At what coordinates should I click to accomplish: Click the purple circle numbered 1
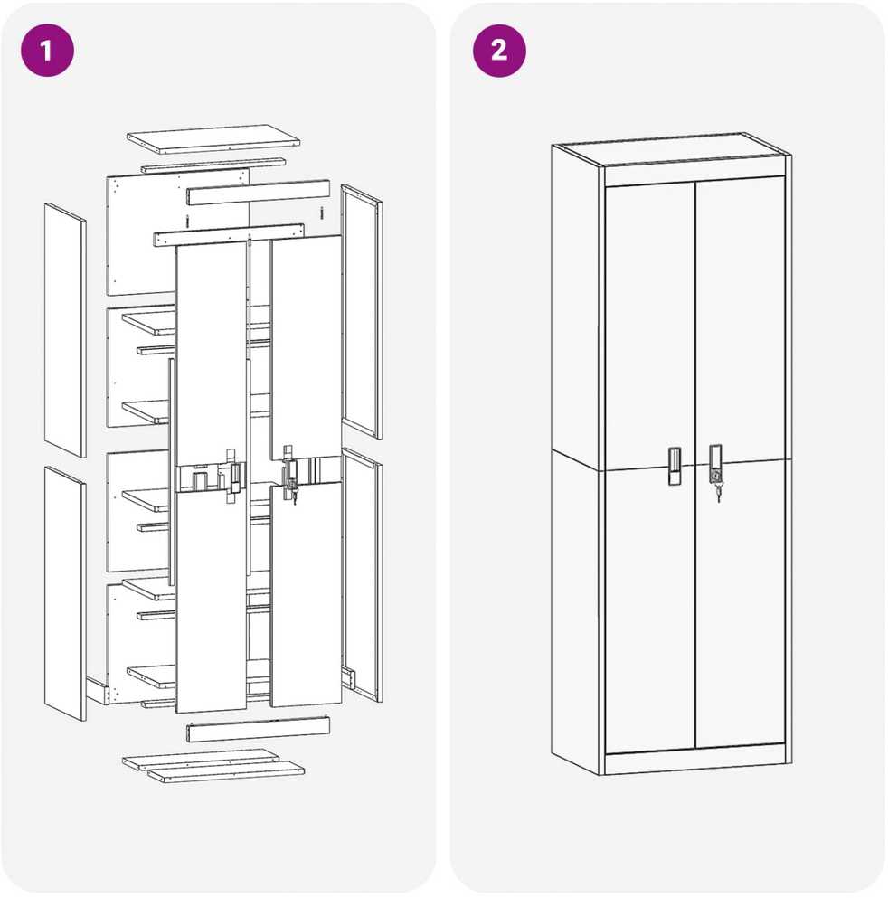(x=48, y=51)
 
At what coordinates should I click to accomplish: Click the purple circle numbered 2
(x=499, y=51)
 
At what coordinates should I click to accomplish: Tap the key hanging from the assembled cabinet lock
(x=718, y=491)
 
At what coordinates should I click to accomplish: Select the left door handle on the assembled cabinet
(x=674, y=466)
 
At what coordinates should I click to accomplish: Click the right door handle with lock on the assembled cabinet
(x=715, y=464)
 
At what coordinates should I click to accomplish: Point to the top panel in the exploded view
(x=213, y=139)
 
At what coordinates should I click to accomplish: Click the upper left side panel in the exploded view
(x=65, y=330)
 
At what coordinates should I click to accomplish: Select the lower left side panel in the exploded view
(x=65, y=593)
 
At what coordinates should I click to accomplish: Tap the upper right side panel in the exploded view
(x=362, y=312)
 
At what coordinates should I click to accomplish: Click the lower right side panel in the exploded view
(x=363, y=574)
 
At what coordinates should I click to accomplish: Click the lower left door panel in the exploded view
(x=212, y=601)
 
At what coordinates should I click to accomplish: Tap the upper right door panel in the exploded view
(x=307, y=347)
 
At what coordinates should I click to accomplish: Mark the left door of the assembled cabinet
(x=650, y=466)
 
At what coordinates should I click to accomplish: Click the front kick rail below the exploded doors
(x=258, y=729)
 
